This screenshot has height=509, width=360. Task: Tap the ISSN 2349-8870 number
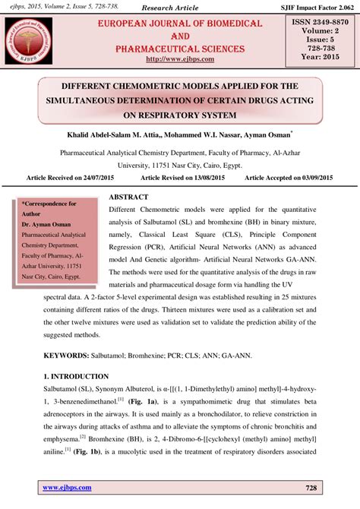tap(320, 24)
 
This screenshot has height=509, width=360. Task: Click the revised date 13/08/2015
tap(204, 176)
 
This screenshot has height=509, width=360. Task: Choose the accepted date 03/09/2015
tap(317, 176)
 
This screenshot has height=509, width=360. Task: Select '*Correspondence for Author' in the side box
tap(49, 209)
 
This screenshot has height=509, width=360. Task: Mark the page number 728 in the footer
tap(310, 488)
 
